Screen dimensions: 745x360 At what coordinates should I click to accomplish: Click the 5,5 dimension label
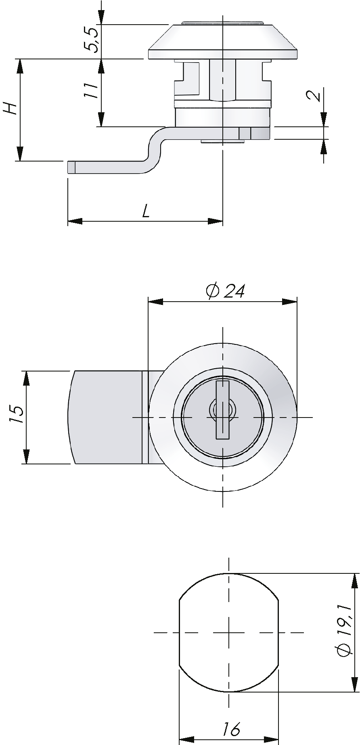pos(91,40)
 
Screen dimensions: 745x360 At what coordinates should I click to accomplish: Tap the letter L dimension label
pos(146,211)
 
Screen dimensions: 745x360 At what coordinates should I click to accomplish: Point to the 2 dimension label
pos(314,96)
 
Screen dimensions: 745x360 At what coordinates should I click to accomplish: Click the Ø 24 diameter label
pos(225,291)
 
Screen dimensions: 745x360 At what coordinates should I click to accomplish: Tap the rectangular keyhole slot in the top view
pos(222,409)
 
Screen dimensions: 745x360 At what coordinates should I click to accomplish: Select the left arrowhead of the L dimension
pos(74,221)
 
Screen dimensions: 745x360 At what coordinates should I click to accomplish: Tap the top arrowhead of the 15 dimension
pos(27,378)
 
